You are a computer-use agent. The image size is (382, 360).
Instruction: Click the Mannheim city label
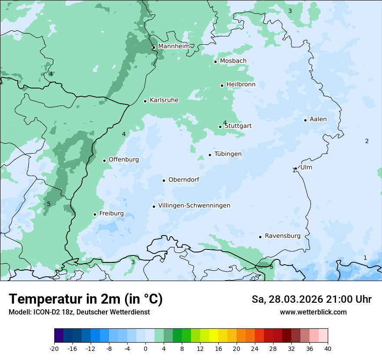174,46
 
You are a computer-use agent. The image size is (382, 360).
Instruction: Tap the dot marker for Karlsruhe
145,101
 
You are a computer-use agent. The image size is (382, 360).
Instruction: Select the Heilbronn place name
240,85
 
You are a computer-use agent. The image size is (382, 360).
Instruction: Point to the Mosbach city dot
215,62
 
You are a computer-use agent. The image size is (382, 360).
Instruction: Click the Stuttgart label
238,126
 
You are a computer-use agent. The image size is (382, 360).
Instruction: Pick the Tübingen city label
228,154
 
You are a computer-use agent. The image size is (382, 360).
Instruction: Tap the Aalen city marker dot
305,120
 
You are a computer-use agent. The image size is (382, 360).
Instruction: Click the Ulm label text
306,167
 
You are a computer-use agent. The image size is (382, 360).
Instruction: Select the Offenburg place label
124,160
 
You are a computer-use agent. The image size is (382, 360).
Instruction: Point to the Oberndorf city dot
164,180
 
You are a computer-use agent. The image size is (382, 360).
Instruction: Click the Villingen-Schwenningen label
194,206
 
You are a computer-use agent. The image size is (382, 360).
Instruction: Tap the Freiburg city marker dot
95,214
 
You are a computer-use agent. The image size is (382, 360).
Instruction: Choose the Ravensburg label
283,236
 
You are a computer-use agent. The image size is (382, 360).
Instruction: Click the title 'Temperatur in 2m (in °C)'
86,299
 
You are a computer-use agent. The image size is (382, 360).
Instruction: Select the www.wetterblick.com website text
313,312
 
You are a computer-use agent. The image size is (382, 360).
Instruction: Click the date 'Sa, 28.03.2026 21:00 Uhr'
311,299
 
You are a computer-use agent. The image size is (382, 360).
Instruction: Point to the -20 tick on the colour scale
54,348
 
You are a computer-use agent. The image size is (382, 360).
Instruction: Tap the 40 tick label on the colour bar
328,348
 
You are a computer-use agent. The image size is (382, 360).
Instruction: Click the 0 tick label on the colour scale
145,348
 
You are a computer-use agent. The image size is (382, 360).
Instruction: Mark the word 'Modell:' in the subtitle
19,312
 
